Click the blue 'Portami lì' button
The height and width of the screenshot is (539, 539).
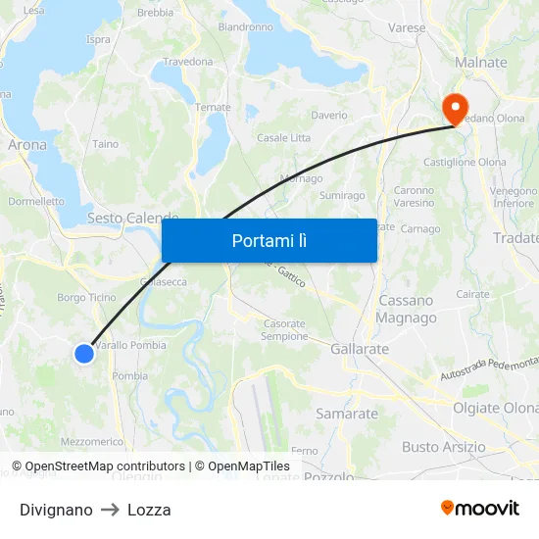tap(269, 240)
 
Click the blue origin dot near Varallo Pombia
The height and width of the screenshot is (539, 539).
tap(84, 353)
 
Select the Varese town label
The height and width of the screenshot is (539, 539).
tap(406, 28)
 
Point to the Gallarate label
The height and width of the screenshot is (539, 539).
tap(360, 349)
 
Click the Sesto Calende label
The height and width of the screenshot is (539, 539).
tap(132, 218)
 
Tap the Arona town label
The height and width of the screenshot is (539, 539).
tap(26, 144)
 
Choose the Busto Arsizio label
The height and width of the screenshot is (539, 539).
tap(443, 447)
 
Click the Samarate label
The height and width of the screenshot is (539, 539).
tap(346, 414)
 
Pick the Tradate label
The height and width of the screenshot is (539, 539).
tap(516, 238)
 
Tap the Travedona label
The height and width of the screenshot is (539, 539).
tap(187, 62)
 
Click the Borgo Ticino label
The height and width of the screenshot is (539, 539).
tap(86, 297)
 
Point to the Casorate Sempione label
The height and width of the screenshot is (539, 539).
tap(284, 330)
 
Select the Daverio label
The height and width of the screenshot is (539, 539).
tap(329, 116)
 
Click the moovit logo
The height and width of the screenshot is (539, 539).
tap(479, 508)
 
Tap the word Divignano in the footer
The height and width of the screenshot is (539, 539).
tap(56, 510)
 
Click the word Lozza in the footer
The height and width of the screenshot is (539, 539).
tap(149, 510)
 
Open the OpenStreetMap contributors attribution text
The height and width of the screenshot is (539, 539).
tap(105, 466)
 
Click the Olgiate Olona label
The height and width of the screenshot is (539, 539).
tap(495, 408)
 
